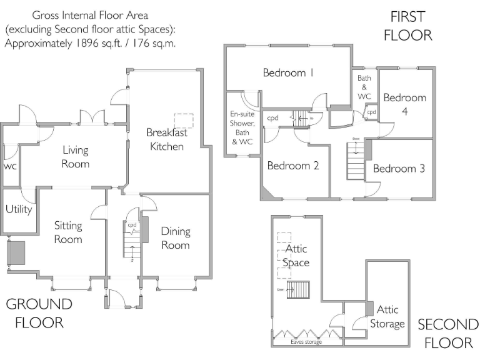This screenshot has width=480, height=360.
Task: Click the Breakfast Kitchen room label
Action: point(166,139)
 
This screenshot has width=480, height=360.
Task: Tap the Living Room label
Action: point(75,157)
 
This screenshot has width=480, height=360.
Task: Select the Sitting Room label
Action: point(68,232)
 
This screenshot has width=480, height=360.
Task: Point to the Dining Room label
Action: point(176,238)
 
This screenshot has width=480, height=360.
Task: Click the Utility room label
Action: point(19,209)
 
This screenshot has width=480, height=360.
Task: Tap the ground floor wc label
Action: point(10,167)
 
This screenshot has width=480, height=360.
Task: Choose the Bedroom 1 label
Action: point(288,73)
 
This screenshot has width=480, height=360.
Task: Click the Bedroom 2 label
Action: point(293,166)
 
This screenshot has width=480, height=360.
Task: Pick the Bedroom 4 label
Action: point(404,104)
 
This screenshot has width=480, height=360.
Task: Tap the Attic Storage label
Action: point(387,317)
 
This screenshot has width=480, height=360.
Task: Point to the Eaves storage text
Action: point(306,342)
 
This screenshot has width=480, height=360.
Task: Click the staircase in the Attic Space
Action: point(298,290)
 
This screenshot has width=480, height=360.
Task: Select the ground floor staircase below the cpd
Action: point(131,244)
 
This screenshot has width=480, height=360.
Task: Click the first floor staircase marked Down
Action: point(356,161)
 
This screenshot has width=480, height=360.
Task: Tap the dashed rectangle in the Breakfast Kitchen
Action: point(184,121)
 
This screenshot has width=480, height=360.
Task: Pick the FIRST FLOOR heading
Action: point(407,26)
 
